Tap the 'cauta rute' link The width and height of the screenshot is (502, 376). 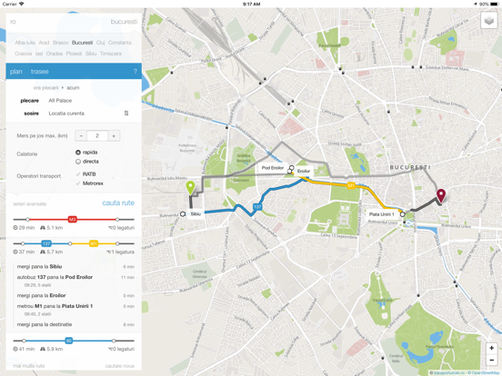[x=118, y=203]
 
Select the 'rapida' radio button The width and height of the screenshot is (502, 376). [x=78, y=153]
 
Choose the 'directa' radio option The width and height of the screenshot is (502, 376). [x=78, y=162]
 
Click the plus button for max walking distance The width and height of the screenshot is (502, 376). [x=114, y=135]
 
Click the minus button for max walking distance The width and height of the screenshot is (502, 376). [x=81, y=135]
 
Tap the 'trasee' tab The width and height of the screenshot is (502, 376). [x=39, y=72]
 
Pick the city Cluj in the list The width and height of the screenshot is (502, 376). [x=101, y=43]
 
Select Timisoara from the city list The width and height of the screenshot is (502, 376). [x=110, y=54]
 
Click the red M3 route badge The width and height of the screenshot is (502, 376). [x=72, y=219]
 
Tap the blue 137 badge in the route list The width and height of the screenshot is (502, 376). [x=46, y=243]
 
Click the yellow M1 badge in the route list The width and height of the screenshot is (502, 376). [x=93, y=243]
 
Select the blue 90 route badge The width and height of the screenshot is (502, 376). [x=68, y=341]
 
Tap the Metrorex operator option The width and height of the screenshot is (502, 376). [x=92, y=183]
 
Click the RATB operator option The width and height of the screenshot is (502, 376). [x=88, y=174]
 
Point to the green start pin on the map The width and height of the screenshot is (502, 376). [x=190, y=189]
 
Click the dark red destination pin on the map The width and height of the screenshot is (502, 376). [x=441, y=195]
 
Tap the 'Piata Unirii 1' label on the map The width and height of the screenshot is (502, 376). [x=381, y=215]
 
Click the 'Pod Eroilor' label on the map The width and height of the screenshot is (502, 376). [x=272, y=168]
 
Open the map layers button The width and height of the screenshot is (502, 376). [x=489, y=21]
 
